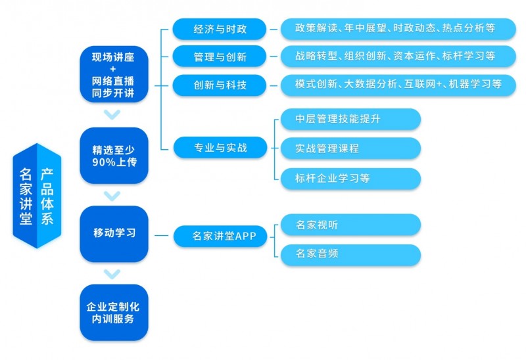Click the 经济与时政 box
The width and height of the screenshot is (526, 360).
[220, 28]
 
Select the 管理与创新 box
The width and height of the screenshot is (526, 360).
[220, 56]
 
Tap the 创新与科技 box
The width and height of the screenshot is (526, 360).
[220, 85]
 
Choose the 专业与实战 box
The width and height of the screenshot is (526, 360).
[220, 147]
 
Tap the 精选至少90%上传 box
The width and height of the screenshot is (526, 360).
[114, 155]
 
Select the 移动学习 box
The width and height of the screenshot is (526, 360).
[114, 233]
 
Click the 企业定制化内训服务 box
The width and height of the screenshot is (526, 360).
[114, 312]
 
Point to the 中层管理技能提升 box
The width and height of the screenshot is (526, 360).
[350, 119]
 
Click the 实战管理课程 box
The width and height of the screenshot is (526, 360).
[350, 148]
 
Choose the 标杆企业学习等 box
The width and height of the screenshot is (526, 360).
[350, 178]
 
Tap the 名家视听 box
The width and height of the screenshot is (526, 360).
[350, 225]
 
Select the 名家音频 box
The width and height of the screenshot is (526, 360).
[350, 254]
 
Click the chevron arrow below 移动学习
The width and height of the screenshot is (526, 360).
[113, 273]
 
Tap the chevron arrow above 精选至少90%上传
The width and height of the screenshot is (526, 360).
[113, 116]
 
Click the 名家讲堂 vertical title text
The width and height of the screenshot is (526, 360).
[26, 196]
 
